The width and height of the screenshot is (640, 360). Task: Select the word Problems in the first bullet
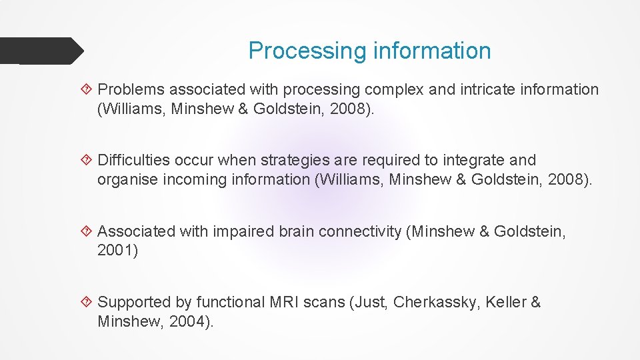click(x=131, y=89)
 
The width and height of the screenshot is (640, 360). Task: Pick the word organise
click(x=127, y=179)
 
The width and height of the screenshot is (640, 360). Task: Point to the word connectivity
click(x=360, y=231)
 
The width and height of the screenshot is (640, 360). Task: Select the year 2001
click(x=117, y=251)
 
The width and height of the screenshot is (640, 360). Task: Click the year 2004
click(x=192, y=321)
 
